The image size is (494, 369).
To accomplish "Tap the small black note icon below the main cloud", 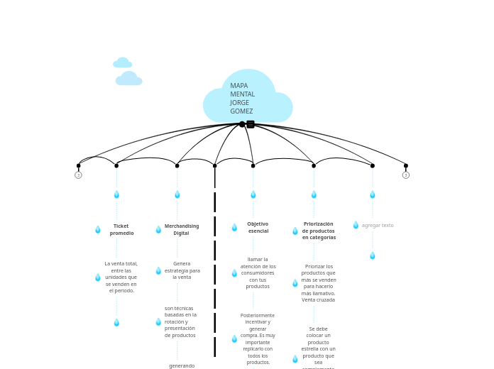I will (x=251, y=124).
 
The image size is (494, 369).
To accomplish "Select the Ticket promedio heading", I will (x=121, y=230).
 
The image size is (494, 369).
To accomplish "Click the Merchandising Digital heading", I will (x=182, y=230).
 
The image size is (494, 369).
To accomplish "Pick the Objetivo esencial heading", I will (x=258, y=228).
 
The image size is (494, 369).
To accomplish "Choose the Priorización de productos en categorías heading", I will (x=319, y=231).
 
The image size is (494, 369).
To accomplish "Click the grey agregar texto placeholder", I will (x=378, y=226).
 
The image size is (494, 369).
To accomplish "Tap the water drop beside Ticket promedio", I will (x=98, y=230).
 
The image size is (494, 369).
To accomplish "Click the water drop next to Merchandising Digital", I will (x=158, y=230).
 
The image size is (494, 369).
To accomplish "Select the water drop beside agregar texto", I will (x=356, y=225).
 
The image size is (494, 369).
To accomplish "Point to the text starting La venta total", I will (x=121, y=277).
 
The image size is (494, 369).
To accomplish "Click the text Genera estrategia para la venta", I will (x=182, y=270).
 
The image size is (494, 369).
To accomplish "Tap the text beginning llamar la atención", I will (x=258, y=273).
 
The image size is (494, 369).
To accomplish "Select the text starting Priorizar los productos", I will (x=319, y=283).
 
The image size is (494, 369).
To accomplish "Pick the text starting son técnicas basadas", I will (x=180, y=321).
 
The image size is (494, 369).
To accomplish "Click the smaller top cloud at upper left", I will (x=123, y=63).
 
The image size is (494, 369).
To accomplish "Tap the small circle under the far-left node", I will (x=78, y=175).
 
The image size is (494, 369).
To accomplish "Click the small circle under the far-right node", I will (x=406, y=175).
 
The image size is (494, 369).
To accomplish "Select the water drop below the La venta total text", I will (x=116, y=323).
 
